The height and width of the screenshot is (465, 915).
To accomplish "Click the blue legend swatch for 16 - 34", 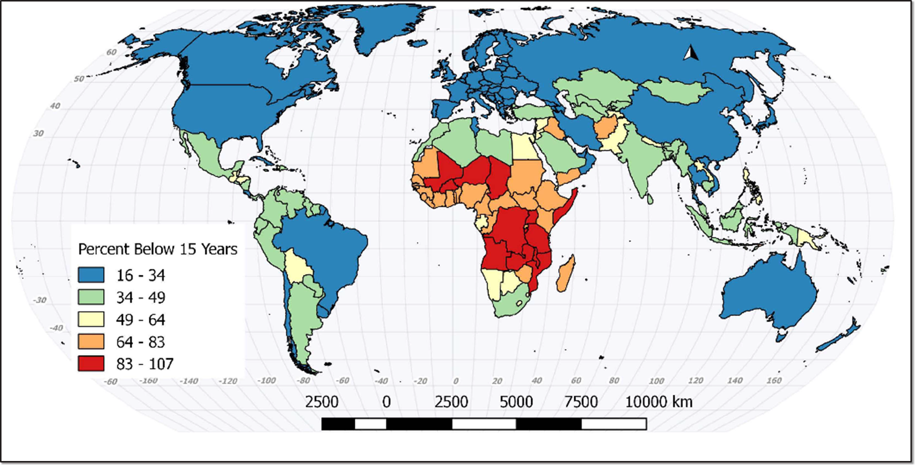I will (x=91, y=275).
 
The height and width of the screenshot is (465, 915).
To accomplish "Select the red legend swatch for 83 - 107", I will (x=91, y=364).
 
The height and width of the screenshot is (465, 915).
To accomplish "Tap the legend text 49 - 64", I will (x=140, y=320).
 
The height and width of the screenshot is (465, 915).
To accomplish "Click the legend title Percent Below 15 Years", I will (x=157, y=249).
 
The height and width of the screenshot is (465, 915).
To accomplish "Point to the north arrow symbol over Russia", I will (x=691, y=53).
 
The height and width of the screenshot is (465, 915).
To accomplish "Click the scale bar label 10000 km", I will (x=658, y=402).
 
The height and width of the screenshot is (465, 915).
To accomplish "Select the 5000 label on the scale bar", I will (x=516, y=402).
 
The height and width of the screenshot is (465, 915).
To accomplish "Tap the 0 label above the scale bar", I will (x=386, y=402).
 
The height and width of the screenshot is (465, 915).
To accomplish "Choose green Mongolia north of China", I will (x=676, y=90).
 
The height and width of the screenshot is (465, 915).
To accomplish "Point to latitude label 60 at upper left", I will (x=111, y=52).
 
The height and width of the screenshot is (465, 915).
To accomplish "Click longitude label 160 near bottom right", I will (x=774, y=380).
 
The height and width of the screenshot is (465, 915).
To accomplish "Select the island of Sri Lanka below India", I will (x=650, y=199).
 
